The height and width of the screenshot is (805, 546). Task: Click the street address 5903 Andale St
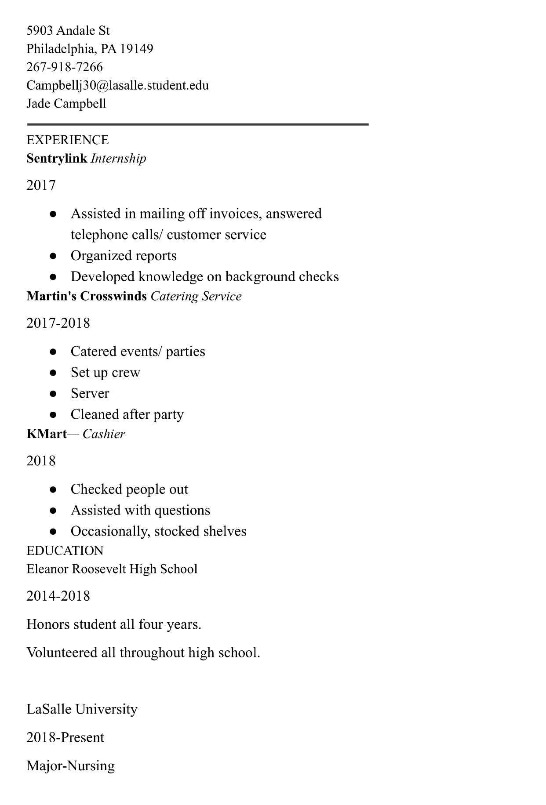pos(68,30)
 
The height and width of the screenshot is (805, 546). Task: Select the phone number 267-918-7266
pos(65,67)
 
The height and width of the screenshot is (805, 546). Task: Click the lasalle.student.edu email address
pos(117,85)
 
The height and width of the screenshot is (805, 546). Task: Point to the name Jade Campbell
pos(66,104)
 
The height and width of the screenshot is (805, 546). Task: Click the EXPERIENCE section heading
pos(68,140)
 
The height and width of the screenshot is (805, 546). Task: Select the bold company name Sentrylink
pos(57,158)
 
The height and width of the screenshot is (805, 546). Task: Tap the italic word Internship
pos(118,158)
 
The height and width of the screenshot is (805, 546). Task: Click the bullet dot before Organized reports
pos(53,256)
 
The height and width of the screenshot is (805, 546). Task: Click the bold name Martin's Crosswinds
pos(87,296)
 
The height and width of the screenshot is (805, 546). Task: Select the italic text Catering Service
pos(196,296)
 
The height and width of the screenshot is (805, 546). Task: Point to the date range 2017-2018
pos(58,323)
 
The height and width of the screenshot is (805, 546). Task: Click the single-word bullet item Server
pos(90,394)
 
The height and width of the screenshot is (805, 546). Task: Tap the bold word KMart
pos(47,434)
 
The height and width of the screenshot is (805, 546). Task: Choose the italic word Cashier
pos(104,434)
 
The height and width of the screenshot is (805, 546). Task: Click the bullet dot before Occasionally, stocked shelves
pos(53,532)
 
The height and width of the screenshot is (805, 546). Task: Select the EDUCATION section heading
pos(65,551)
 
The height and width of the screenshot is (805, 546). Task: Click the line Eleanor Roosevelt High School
pos(112,569)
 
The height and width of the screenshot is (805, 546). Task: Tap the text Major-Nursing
pos(71,765)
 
